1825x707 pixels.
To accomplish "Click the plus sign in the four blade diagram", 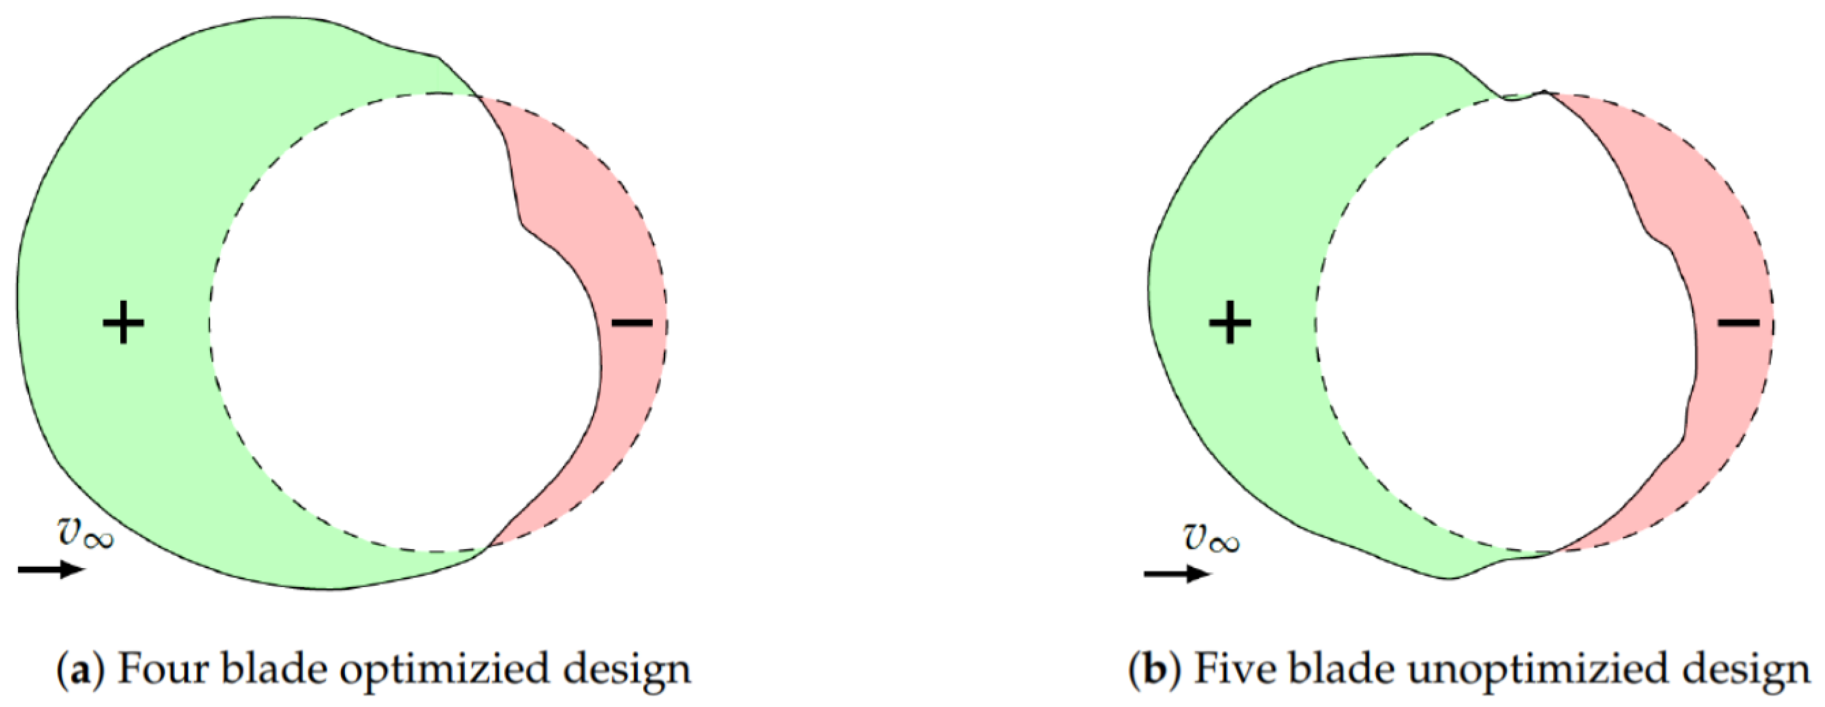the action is point(123,323).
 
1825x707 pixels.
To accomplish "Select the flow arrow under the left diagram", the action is point(51,569).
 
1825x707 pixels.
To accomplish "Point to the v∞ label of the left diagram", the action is point(85,533).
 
